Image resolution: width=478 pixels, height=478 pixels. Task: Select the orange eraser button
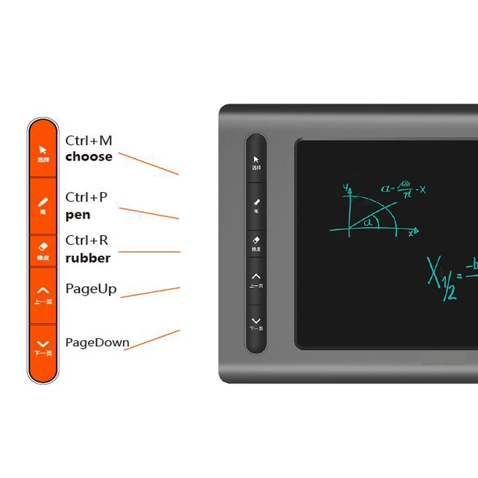[x=42, y=250]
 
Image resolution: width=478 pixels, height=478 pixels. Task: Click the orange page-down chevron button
[x=42, y=347]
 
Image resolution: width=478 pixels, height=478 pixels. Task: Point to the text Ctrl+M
[x=88, y=140]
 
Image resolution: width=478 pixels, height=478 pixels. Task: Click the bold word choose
[x=88, y=157]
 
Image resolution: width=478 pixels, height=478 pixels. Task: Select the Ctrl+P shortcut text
[x=87, y=197]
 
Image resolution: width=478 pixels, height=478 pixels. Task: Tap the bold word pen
[x=78, y=215]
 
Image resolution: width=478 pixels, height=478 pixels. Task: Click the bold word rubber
[x=88, y=258]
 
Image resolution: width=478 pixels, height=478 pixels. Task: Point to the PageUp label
[x=91, y=289]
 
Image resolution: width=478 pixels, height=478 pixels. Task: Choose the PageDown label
[x=97, y=342]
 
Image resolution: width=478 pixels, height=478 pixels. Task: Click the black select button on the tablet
[x=256, y=162]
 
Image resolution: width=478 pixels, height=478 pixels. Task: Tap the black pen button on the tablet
[x=256, y=204]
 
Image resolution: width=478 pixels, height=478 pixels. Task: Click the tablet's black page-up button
[x=256, y=280]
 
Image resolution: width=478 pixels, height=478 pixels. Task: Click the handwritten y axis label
[x=345, y=188]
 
